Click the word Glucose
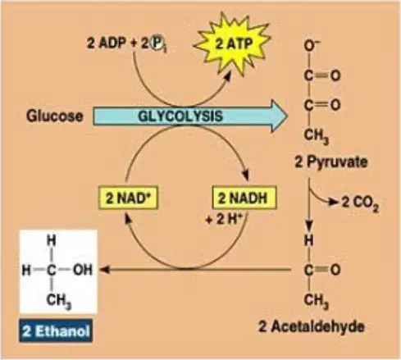(55, 116)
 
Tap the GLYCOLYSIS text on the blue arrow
(180, 116)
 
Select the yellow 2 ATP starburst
(233, 43)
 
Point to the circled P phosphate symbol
(157, 43)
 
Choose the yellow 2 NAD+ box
(128, 198)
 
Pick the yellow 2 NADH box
(244, 198)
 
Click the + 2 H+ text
(224, 219)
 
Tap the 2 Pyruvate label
(331, 162)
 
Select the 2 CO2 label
(360, 203)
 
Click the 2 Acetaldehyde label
(312, 326)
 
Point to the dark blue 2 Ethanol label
(56, 331)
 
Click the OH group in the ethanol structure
(83, 270)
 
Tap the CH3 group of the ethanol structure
(58, 301)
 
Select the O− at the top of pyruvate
(312, 45)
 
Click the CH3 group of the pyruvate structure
(316, 136)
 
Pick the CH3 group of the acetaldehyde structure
(316, 301)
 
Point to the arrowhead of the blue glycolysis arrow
(279, 116)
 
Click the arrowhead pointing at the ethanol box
(104, 270)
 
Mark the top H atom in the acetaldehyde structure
(309, 240)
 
